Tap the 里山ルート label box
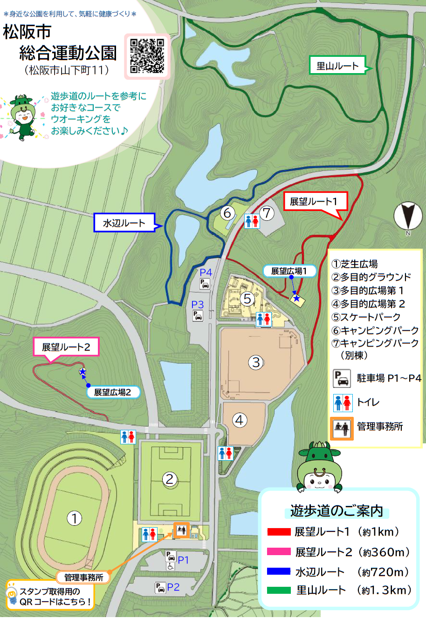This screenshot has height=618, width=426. click(x=338, y=66)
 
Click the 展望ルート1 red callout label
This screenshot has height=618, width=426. click(x=313, y=201)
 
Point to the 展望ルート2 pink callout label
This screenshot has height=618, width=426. click(x=66, y=347)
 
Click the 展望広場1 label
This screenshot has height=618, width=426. click(x=289, y=271)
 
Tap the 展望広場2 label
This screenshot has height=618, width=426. click(x=112, y=392)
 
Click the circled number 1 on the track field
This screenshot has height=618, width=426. click(x=74, y=518)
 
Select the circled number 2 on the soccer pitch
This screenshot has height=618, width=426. click(x=170, y=479)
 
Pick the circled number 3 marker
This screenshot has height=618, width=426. click(x=255, y=362)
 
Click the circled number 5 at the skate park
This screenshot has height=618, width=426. click(x=247, y=299)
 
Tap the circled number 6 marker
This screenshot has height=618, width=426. click(x=227, y=213)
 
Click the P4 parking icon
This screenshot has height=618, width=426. click(x=205, y=284)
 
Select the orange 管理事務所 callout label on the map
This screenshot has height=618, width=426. click(x=83, y=577)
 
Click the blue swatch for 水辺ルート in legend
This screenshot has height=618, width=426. click(x=279, y=571)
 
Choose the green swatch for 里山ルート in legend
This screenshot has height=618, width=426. click(x=279, y=591)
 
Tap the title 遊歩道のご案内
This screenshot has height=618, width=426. click(x=336, y=511)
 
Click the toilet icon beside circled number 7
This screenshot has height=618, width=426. click(x=252, y=221)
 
